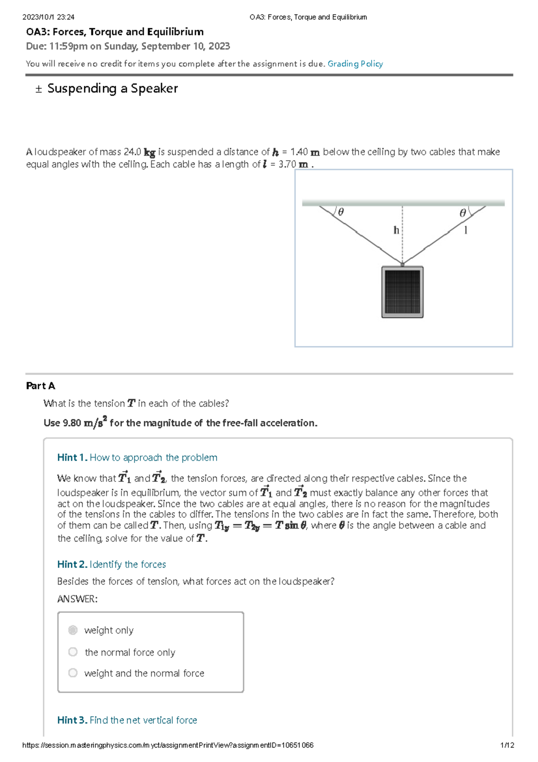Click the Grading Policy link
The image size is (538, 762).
coord(355,64)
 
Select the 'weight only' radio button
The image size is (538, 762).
coord(73,630)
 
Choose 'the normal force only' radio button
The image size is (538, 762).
coord(73,652)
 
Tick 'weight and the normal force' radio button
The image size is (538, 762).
coord(73,673)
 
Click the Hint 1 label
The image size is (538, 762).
coord(72,457)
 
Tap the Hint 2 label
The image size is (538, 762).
coord(72,564)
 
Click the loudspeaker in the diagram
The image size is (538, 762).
coord(402,292)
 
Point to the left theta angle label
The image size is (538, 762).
coord(341,212)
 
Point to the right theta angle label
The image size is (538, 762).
coord(463,213)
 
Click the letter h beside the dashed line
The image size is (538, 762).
coord(396,230)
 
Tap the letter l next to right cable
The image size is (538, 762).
coord(466,230)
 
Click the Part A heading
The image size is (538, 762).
coord(40,385)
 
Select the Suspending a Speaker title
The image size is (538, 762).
coord(113,88)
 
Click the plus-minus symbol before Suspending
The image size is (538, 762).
coord(39,89)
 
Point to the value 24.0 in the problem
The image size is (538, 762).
coord(132,152)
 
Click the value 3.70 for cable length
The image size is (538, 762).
coord(287,164)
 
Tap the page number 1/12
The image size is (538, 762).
coord(507,745)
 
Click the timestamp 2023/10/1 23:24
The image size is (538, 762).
coord(48,17)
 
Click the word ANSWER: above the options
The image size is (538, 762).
coord(77,599)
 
